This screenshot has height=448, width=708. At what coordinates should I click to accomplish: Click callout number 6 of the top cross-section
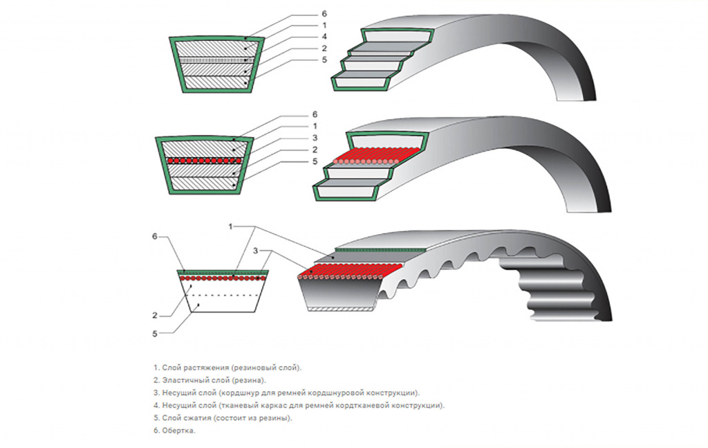point(324,14)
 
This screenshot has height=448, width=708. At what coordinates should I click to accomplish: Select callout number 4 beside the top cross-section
point(324,37)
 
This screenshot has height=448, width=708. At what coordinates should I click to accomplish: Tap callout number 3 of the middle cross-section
point(315,138)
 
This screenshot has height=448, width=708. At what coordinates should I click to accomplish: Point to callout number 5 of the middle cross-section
point(315,161)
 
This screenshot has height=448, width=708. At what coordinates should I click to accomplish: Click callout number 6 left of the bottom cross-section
point(154,236)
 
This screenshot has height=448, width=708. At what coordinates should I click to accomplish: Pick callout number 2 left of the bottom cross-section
point(154,316)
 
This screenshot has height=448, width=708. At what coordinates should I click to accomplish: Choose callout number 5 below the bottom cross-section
point(154,334)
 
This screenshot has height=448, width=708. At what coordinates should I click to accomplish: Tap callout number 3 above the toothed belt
point(256,251)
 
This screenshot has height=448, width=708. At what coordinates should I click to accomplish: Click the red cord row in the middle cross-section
point(204,161)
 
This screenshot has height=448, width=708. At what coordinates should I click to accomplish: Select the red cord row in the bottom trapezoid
point(223,278)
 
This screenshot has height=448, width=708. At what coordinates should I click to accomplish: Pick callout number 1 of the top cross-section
point(324,26)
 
